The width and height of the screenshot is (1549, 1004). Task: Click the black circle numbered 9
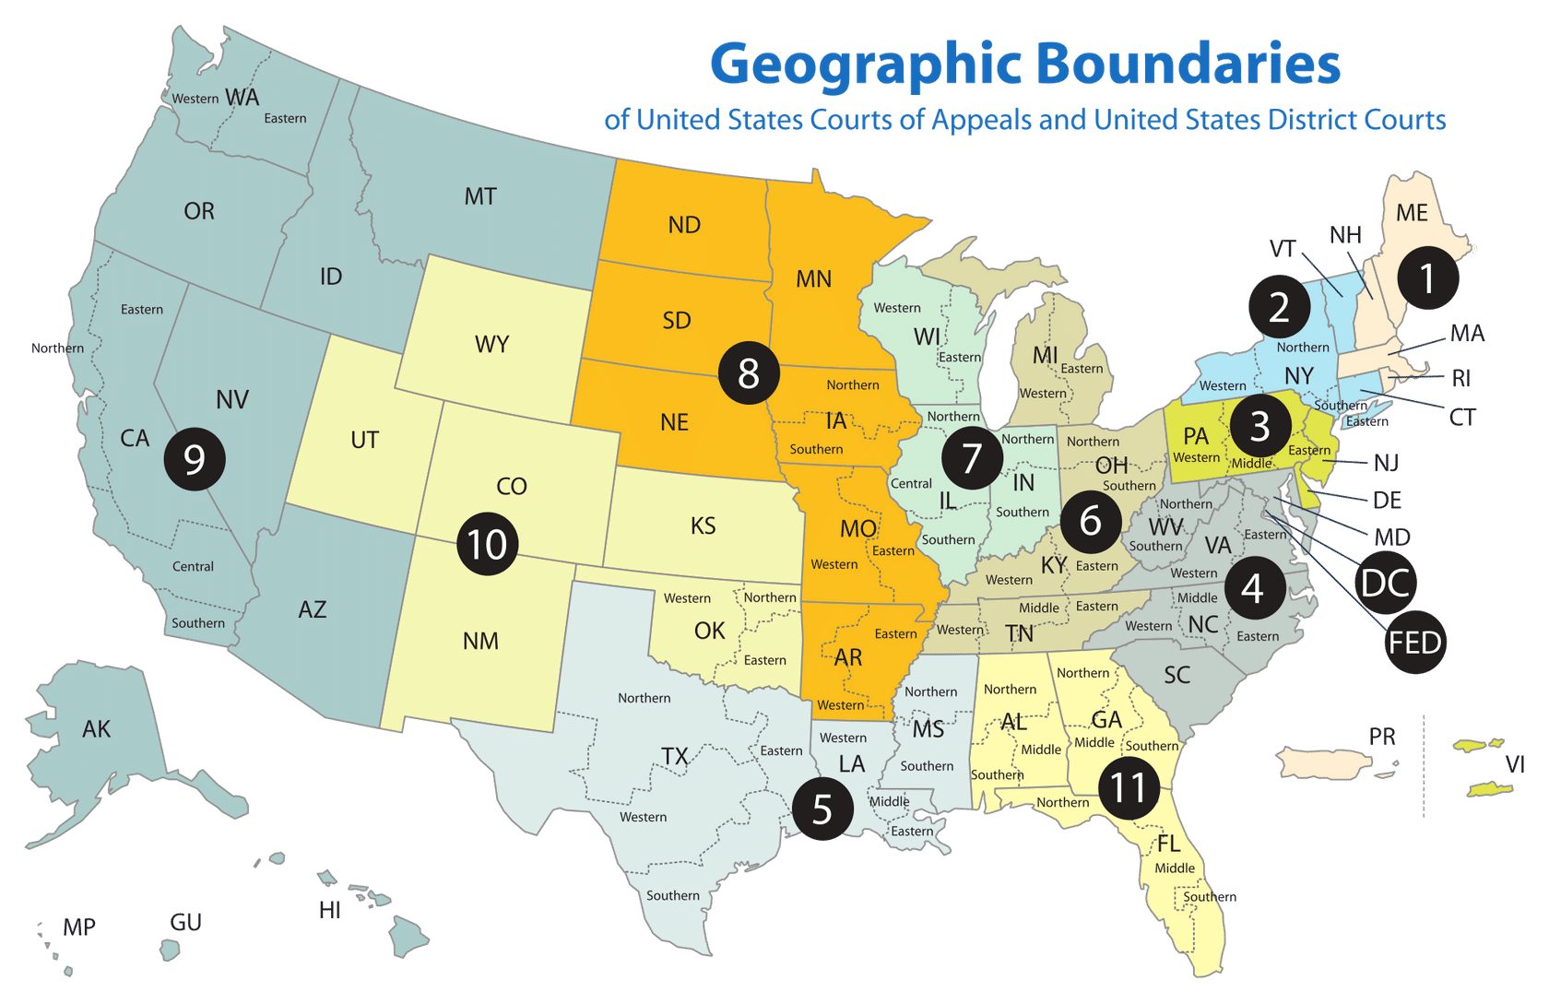click(195, 458)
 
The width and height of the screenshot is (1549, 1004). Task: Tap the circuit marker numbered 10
click(487, 544)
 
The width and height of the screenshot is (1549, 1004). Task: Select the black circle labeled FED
click(1415, 642)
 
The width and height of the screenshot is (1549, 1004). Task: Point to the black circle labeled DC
click(1385, 583)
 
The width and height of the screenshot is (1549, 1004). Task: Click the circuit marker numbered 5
click(822, 809)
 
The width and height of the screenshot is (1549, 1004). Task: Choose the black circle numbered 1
click(1427, 278)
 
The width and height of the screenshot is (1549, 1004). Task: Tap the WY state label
click(491, 344)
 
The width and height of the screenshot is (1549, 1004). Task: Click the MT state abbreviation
click(480, 196)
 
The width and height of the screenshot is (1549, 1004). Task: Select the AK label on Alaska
click(96, 729)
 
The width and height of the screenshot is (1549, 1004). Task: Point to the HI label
click(329, 910)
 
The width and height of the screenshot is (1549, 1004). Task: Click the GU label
click(185, 922)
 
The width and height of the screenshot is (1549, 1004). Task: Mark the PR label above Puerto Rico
click(1381, 737)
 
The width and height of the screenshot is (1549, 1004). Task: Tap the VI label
click(1515, 763)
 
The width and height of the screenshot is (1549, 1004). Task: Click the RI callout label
click(1460, 378)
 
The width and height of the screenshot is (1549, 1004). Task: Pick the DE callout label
click(1387, 501)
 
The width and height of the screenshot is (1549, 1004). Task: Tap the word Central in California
click(193, 566)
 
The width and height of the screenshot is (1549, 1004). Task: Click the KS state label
click(703, 526)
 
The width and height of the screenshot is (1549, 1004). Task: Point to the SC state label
click(1177, 675)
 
